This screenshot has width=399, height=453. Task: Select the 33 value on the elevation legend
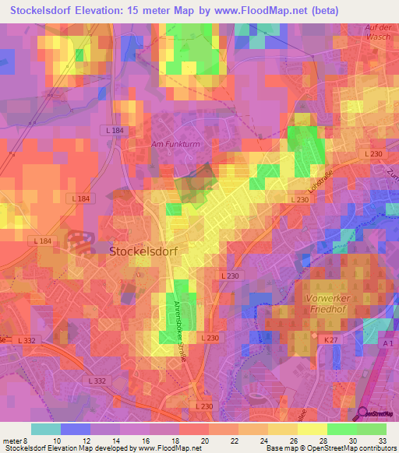383,441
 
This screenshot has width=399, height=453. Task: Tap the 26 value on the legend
271,441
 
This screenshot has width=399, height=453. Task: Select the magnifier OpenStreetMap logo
364,416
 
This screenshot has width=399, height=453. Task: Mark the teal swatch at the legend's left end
46,428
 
